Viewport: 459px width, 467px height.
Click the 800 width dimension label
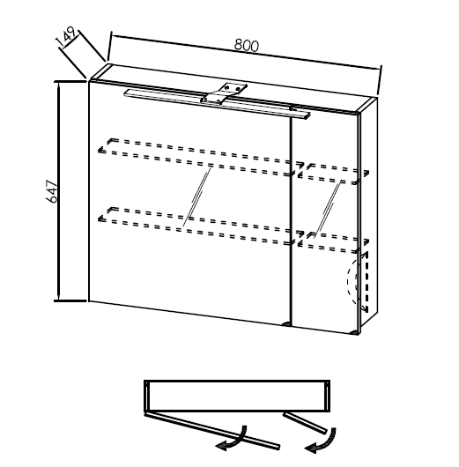[247, 45]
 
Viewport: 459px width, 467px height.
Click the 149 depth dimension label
[66, 37]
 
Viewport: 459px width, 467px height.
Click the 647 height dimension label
[52, 191]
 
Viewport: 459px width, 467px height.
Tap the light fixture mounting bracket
[225, 93]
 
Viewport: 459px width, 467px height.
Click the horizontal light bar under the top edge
[217, 104]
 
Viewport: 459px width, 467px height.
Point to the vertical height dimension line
[58, 191]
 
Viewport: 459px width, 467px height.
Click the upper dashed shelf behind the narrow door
[334, 174]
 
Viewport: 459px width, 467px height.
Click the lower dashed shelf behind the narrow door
[334, 242]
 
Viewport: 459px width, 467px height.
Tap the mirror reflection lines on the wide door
[196, 198]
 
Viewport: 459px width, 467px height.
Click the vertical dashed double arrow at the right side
[366, 282]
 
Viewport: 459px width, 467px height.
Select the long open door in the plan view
[212, 431]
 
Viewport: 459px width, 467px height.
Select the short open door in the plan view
[305, 423]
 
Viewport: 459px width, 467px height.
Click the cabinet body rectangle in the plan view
[237, 396]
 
